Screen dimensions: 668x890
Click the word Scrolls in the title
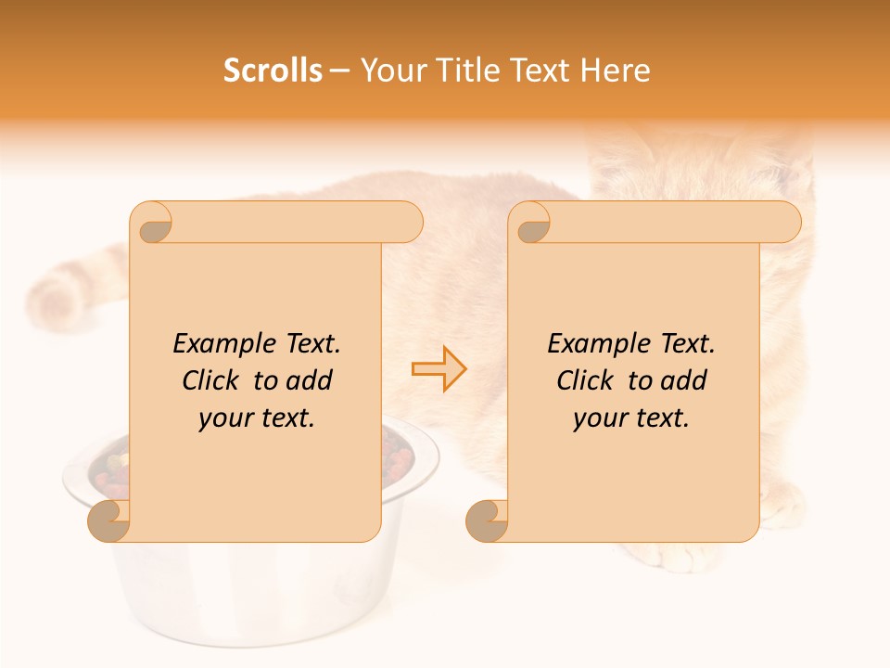273,71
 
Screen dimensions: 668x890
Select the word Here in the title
614,71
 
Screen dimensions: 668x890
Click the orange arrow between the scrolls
439,368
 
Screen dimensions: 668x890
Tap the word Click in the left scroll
213,381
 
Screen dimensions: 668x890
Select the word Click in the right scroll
588,381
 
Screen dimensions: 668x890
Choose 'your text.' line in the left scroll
257,418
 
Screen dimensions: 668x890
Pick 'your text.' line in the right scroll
631,418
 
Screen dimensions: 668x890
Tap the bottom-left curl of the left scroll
109,520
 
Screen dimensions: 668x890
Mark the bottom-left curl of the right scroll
487,520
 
